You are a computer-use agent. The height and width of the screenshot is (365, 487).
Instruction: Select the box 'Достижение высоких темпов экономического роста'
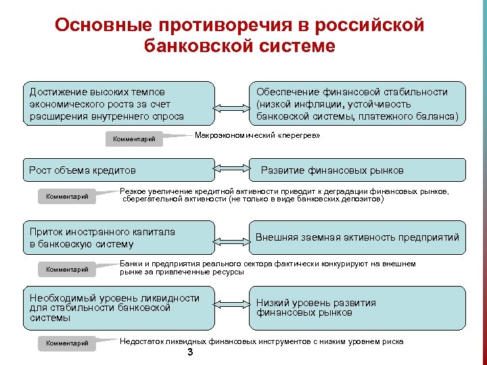coord(119,103)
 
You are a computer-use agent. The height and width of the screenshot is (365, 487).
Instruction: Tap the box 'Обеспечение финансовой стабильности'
coord(357,103)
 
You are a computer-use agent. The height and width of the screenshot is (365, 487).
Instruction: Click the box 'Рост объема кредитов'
coord(119,170)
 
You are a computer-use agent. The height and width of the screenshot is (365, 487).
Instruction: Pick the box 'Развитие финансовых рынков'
coord(357,170)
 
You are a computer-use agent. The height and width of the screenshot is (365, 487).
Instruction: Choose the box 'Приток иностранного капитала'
coord(119,237)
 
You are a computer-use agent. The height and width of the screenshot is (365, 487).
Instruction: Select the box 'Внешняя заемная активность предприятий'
coord(357,237)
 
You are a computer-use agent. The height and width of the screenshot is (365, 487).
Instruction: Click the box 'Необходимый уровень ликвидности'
coord(119,308)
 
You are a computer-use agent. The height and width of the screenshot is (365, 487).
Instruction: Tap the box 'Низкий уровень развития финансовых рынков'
coord(357,308)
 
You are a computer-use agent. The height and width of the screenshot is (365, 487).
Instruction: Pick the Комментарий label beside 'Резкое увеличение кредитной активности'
coord(67,197)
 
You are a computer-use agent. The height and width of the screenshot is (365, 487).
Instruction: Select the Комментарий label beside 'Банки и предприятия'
coord(67,269)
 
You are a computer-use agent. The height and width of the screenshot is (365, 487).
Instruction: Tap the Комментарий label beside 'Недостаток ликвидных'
coord(67,343)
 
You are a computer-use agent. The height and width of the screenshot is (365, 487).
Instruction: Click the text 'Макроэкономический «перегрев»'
coord(257,136)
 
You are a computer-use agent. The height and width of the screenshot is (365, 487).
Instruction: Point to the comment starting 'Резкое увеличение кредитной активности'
coord(283,195)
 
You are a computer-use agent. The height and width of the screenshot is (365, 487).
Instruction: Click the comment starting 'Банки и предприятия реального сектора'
coord(267,268)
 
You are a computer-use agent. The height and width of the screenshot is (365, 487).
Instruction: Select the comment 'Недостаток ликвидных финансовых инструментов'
coord(261,341)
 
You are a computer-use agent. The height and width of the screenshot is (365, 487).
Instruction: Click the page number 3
coord(190,354)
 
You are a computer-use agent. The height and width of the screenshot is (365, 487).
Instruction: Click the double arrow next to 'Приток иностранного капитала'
coord(232,237)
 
